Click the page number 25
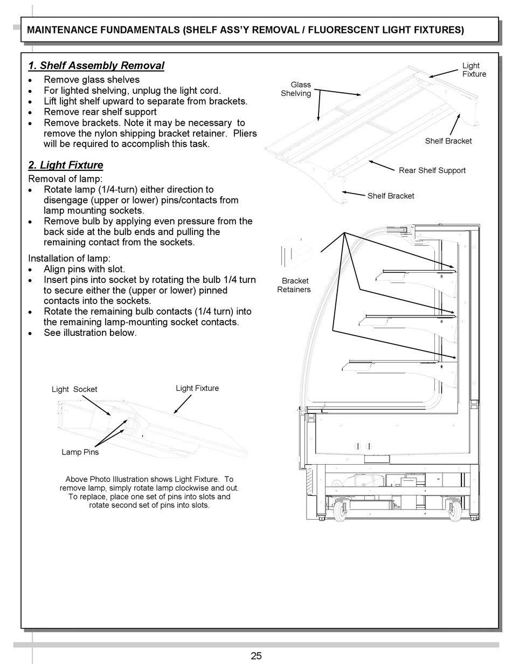tap(256, 656)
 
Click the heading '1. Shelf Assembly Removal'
tap(96, 66)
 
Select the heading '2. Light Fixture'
tap(65, 165)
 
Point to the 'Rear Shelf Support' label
tap(432, 170)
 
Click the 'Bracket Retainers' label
tap(294, 285)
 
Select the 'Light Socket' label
tap(74, 389)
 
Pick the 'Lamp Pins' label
tap(80, 452)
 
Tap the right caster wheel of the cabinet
tap(454, 509)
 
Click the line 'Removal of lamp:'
tap(65, 179)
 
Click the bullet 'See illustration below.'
tap(90, 333)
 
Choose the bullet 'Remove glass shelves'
tap(91, 80)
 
